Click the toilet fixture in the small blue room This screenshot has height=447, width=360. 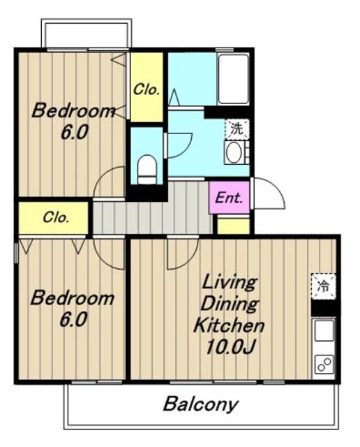pos(147,169)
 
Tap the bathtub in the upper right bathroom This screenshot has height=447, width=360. pos(233,79)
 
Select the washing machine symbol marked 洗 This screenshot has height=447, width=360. pos(237,129)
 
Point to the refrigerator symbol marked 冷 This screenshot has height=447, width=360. pos(323,286)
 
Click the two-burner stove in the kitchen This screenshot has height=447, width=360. pos(324,365)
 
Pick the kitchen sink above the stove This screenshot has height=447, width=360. pos(324,330)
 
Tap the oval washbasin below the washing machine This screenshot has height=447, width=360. pos(234,152)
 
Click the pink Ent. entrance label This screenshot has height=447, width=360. pos(230,198)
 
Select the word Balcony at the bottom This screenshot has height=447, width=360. pos(200,405)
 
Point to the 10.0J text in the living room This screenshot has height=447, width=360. pos(230,346)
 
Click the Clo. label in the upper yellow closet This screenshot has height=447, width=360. pos(147,90)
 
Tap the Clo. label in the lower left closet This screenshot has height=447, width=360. pos(56,218)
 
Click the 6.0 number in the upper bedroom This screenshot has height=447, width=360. pos(74,132)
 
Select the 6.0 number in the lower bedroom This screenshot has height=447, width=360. pos(73,320)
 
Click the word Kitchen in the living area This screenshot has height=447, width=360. pos(230,325)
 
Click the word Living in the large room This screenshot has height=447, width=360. pos(230,281)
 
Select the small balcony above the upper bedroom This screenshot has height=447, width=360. pos(87,34)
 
